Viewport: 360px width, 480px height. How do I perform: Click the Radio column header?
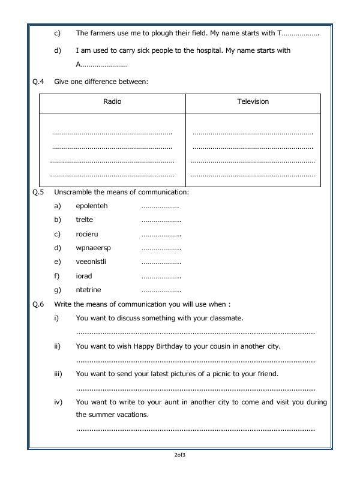click(x=112, y=101)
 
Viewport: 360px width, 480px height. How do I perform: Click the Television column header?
click(x=253, y=101)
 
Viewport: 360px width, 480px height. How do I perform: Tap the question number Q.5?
click(x=38, y=192)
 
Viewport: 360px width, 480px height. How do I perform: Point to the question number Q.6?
click(x=38, y=304)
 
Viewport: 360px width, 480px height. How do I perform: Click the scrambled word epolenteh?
click(x=92, y=206)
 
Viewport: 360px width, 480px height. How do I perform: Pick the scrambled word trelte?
click(x=85, y=220)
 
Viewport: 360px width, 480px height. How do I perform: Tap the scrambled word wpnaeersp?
click(x=94, y=248)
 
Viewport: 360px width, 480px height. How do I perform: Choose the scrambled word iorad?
click(x=84, y=276)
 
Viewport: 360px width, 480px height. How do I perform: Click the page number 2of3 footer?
click(x=179, y=455)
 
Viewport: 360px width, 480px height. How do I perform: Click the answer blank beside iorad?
click(x=161, y=277)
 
